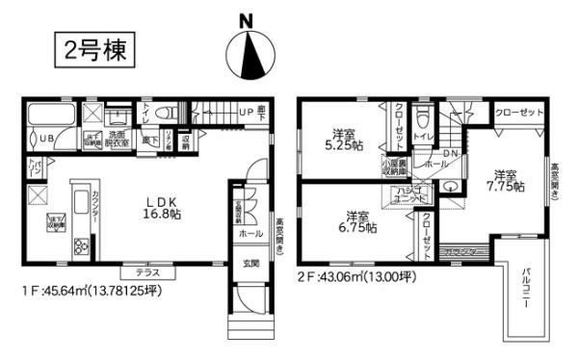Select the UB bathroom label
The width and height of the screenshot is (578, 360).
[43, 139]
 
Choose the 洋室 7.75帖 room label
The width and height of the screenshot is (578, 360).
[507, 180]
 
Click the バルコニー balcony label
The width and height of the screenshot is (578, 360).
[527, 295]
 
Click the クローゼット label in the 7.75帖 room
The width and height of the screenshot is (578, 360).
[517, 114]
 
